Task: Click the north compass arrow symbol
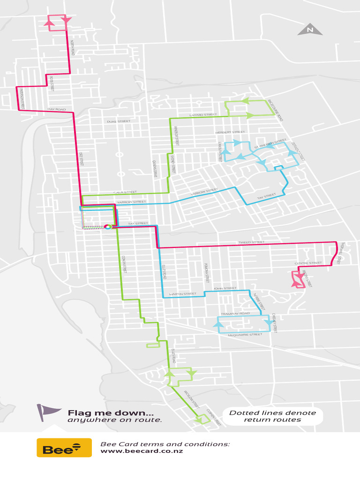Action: point(310,30)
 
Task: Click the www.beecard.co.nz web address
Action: point(142,451)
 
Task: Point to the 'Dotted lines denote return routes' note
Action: point(272,416)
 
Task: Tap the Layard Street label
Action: point(203,115)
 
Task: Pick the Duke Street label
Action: point(118,121)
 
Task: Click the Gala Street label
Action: point(125,192)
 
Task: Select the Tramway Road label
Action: point(236,314)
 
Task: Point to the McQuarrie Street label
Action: point(245,335)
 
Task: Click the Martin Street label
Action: point(182,294)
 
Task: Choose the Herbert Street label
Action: point(230,133)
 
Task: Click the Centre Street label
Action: point(308,263)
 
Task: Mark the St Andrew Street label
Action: point(270,144)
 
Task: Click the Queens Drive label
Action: point(155,168)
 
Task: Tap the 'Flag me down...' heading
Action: point(111,413)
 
